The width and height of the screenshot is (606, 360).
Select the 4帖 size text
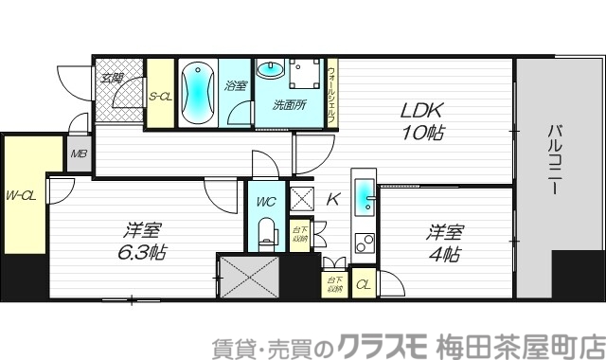click(x=444, y=255)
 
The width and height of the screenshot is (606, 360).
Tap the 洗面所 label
click(x=290, y=103)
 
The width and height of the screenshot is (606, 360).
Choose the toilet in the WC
click(x=267, y=232)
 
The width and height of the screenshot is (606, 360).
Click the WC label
click(x=266, y=201)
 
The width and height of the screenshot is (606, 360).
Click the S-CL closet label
click(x=160, y=95)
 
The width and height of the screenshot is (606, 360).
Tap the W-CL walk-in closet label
click(x=21, y=196)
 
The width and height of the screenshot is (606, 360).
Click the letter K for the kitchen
click(x=333, y=200)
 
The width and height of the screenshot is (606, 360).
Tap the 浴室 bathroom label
click(x=235, y=85)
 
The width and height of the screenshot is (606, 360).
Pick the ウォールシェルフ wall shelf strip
click(x=330, y=92)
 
